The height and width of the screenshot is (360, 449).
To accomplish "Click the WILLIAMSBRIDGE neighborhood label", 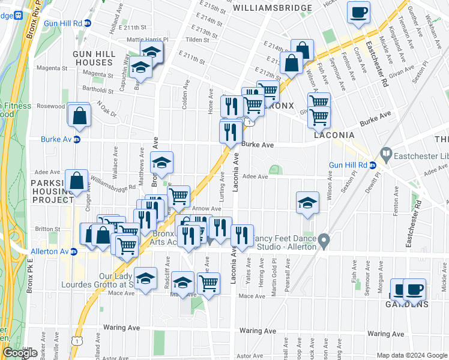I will point(272,8).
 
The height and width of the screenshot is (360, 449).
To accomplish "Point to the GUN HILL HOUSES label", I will point(93,58).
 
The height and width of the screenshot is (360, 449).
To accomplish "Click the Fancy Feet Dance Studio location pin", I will point(324,242).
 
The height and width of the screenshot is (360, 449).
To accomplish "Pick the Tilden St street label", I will point(197,40).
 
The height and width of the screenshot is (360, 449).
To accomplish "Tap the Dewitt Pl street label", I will point(375,185).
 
